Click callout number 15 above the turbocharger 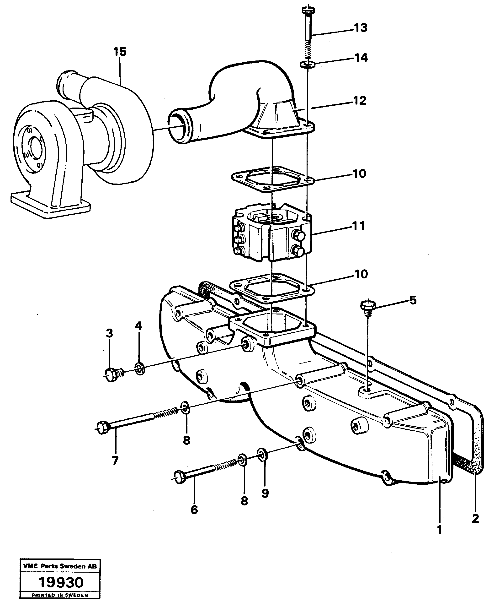[120, 52]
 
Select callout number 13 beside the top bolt [361, 28]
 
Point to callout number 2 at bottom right [475, 518]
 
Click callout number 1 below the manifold [439, 530]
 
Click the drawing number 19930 [61, 582]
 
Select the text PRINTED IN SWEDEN [60, 595]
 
